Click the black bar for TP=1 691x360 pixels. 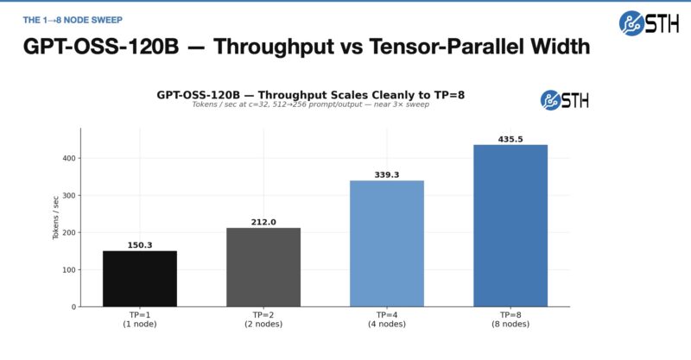point(139,278)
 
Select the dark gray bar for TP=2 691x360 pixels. point(263,267)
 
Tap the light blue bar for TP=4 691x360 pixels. point(386,243)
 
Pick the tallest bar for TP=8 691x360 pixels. point(510,225)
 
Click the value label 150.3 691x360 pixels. point(139,245)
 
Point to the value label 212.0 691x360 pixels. point(263,222)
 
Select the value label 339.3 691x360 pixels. point(386,174)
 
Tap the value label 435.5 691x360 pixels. point(510,139)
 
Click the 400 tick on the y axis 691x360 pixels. point(67,158)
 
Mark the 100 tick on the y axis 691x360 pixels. point(67,269)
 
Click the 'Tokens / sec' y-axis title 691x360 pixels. point(56,218)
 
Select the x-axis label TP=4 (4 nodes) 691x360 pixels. point(386,320)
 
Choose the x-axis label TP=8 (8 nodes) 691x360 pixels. point(510,320)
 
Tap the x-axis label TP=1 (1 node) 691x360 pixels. point(139,320)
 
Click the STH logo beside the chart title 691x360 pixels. point(564,99)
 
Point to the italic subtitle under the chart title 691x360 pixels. point(310,104)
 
